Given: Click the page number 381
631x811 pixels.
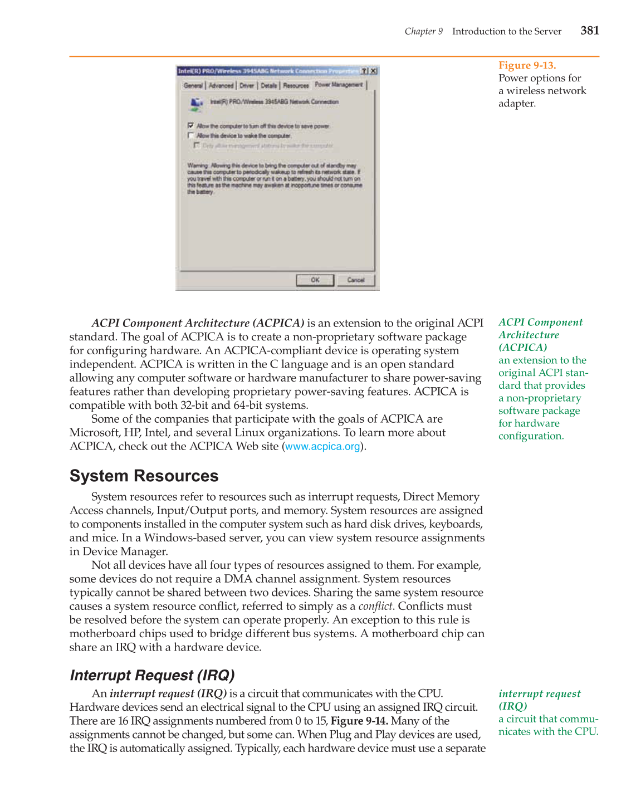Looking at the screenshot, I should tap(589, 31).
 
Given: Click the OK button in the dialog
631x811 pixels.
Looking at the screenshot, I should tap(315, 280).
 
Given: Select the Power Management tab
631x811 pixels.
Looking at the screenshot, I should tap(339, 85).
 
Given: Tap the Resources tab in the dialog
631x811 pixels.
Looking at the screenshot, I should tap(296, 86).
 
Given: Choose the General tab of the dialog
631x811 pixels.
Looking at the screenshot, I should tap(193, 86).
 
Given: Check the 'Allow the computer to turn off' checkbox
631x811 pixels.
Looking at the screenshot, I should tap(191, 126).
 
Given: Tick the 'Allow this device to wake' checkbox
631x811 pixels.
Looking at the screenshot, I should tap(191, 135).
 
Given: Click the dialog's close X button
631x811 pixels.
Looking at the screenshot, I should tap(374, 71).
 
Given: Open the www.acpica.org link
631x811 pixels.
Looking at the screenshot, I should tap(322, 447).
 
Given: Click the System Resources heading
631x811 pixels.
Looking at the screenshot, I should tap(144, 476).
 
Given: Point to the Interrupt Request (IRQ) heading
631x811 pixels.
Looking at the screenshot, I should tap(152, 676).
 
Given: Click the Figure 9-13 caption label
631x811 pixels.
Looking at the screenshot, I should tap(527, 66).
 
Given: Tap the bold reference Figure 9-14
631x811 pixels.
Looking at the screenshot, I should tap(359, 721).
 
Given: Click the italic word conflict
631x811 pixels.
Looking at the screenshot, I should tap(375, 607).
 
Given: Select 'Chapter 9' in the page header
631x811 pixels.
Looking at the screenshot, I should tap(423, 31).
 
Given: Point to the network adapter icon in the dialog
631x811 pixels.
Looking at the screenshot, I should tap(197, 103).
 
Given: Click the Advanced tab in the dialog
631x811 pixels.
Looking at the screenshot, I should tap(221, 86).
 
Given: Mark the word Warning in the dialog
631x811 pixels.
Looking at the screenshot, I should tap(198, 165).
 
